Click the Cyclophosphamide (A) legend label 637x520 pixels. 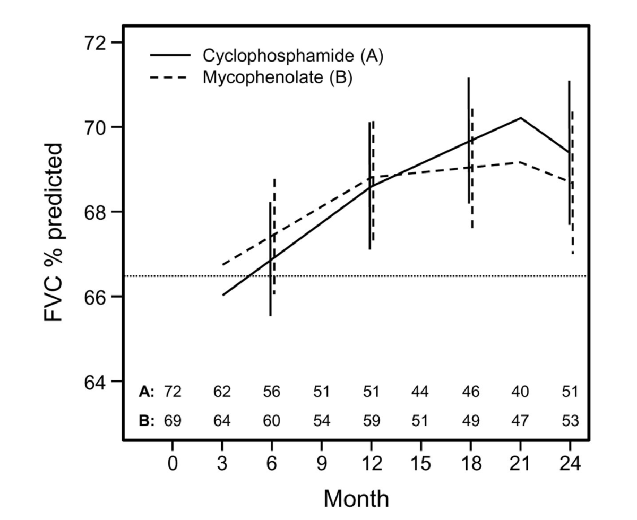click(x=292, y=56)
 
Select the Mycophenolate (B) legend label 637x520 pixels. click(x=277, y=77)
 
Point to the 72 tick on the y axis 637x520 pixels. click(x=96, y=43)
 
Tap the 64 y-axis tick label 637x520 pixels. click(x=96, y=382)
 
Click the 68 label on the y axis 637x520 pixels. click(x=96, y=213)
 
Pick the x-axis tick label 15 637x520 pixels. click(x=421, y=464)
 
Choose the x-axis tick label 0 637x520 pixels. click(x=173, y=464)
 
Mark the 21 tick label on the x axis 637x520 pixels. click(x=520, y=464)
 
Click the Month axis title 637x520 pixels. click(x=356, y=499)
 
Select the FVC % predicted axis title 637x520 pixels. click(x=53, y=232)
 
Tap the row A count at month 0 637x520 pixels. click(x=173, y=392)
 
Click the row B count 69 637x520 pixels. click(x=173, y=421)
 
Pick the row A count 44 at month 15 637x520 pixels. click(x=420, y=392)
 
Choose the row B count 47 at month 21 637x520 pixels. click(x=520, y=421)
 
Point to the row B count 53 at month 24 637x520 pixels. click(x=570, y=421)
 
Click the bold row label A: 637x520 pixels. click(x=147, y=392)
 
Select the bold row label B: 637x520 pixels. click(x=147, y=421)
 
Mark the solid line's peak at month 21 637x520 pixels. click(x=520, y=118)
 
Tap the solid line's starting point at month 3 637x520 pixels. click(x=223, y=295)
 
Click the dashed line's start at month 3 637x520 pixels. click(x=223, y=265)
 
